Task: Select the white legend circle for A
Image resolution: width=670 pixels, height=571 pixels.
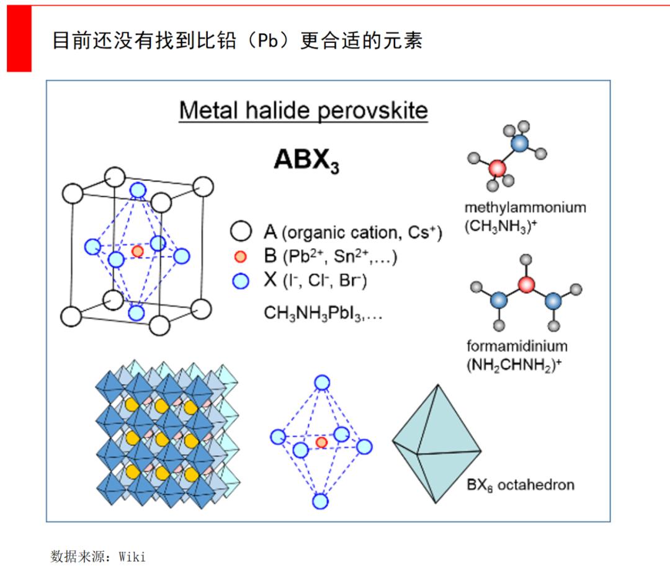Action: coord(241,232)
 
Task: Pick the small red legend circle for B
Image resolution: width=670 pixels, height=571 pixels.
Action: coord(241,257)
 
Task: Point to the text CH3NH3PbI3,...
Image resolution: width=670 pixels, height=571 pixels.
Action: coord(323,312)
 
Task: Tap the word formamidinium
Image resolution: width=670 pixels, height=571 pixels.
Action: coord(517,345)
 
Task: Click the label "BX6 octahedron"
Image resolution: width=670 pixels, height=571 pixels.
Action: coord(520,484)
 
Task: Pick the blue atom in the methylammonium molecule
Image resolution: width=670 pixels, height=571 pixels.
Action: coord(520,143)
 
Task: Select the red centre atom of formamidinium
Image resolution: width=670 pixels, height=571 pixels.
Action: coord(526,285)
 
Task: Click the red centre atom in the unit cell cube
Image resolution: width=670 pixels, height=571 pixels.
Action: coord(138,251)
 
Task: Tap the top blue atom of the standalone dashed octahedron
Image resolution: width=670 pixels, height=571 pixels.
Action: coord(321,383)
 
